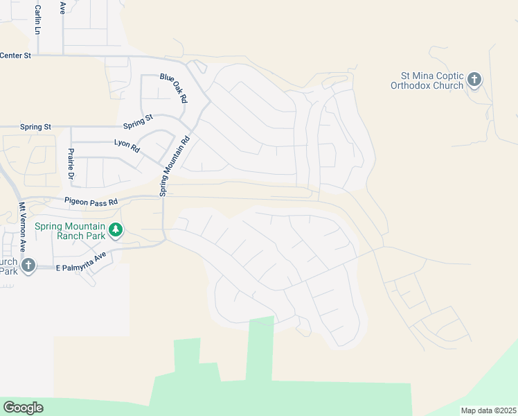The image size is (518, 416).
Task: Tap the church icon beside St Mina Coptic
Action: pyautogui.click(x=474, y=80)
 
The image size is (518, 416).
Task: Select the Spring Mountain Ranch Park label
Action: pyautogui.click(x=81, y=231)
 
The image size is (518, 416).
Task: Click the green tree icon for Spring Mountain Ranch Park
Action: pyautogui.click(x=116, y=229)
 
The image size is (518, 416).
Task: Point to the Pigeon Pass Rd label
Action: pyautogui.click(x=91, y=201)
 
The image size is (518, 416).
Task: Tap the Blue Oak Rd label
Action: pyautogui.click(x=173, y=88)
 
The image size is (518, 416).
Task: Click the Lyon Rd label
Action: pyautogui.click(x=127, y=146)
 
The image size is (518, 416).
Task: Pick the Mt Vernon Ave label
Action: pyautogui.click(x=22, y=226)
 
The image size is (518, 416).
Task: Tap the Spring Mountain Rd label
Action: pyautogui.click(x=175, y=165)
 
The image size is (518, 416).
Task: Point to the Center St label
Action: pyautogui.click(x=16, y=55)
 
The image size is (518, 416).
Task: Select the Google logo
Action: pyautogui.click(x=23, y=408)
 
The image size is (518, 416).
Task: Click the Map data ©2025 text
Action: pyautogui.click(x=488, y=410)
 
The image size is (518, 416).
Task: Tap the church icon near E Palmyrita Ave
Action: pyautogui.click(x=28, y=266)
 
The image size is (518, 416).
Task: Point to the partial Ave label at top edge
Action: pyautogui.click(x=62, y=7)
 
